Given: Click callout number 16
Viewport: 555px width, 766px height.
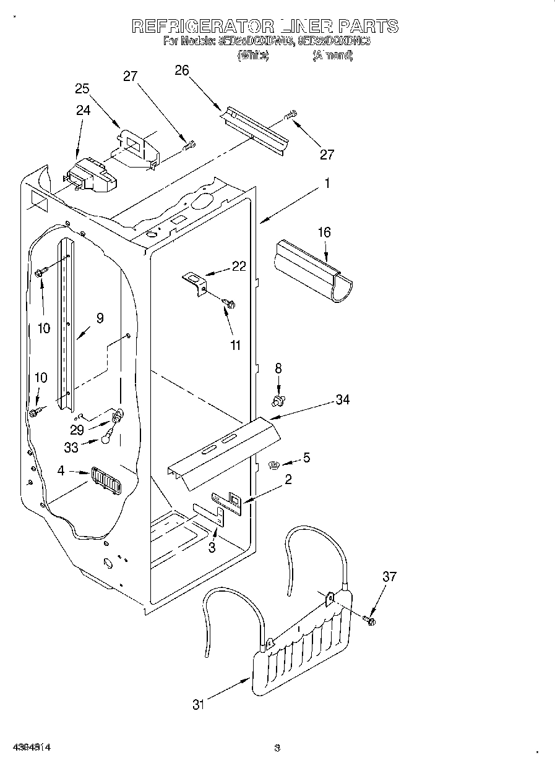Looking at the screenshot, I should (x=324, y=232).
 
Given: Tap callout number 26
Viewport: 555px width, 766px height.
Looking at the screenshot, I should (x=181, y=70).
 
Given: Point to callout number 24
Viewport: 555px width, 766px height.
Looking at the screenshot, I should (x=83, y=111).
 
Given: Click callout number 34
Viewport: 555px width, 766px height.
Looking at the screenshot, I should (x=342, y=400).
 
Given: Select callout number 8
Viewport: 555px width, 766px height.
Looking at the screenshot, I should (x=278, y=368).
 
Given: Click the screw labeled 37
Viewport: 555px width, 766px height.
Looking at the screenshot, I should (x=369, y=619).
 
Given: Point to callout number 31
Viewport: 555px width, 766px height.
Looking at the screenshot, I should (x=198, y=704).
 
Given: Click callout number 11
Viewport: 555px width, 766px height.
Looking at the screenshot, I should (x=235, y=346).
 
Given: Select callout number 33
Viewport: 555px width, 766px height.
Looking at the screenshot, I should (x=71, y=448).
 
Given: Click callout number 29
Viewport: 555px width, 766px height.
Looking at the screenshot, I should (x=77, y=430).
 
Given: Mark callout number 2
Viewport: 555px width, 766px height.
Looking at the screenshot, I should (x=288, y=479).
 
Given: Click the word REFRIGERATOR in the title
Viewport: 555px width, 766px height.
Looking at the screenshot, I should (x=203, y=26).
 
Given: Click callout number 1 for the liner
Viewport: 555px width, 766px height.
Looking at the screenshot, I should (x=327, y=184).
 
